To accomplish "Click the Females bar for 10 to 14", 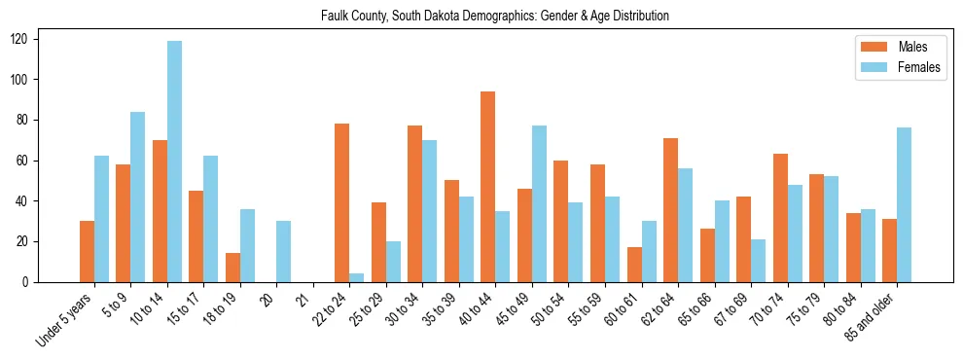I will [x=174, y=162].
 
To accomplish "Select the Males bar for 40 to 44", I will [x=487, y=187].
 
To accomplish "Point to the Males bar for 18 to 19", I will [x=232, y=268].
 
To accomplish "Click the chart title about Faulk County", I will [x=494, y=17].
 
